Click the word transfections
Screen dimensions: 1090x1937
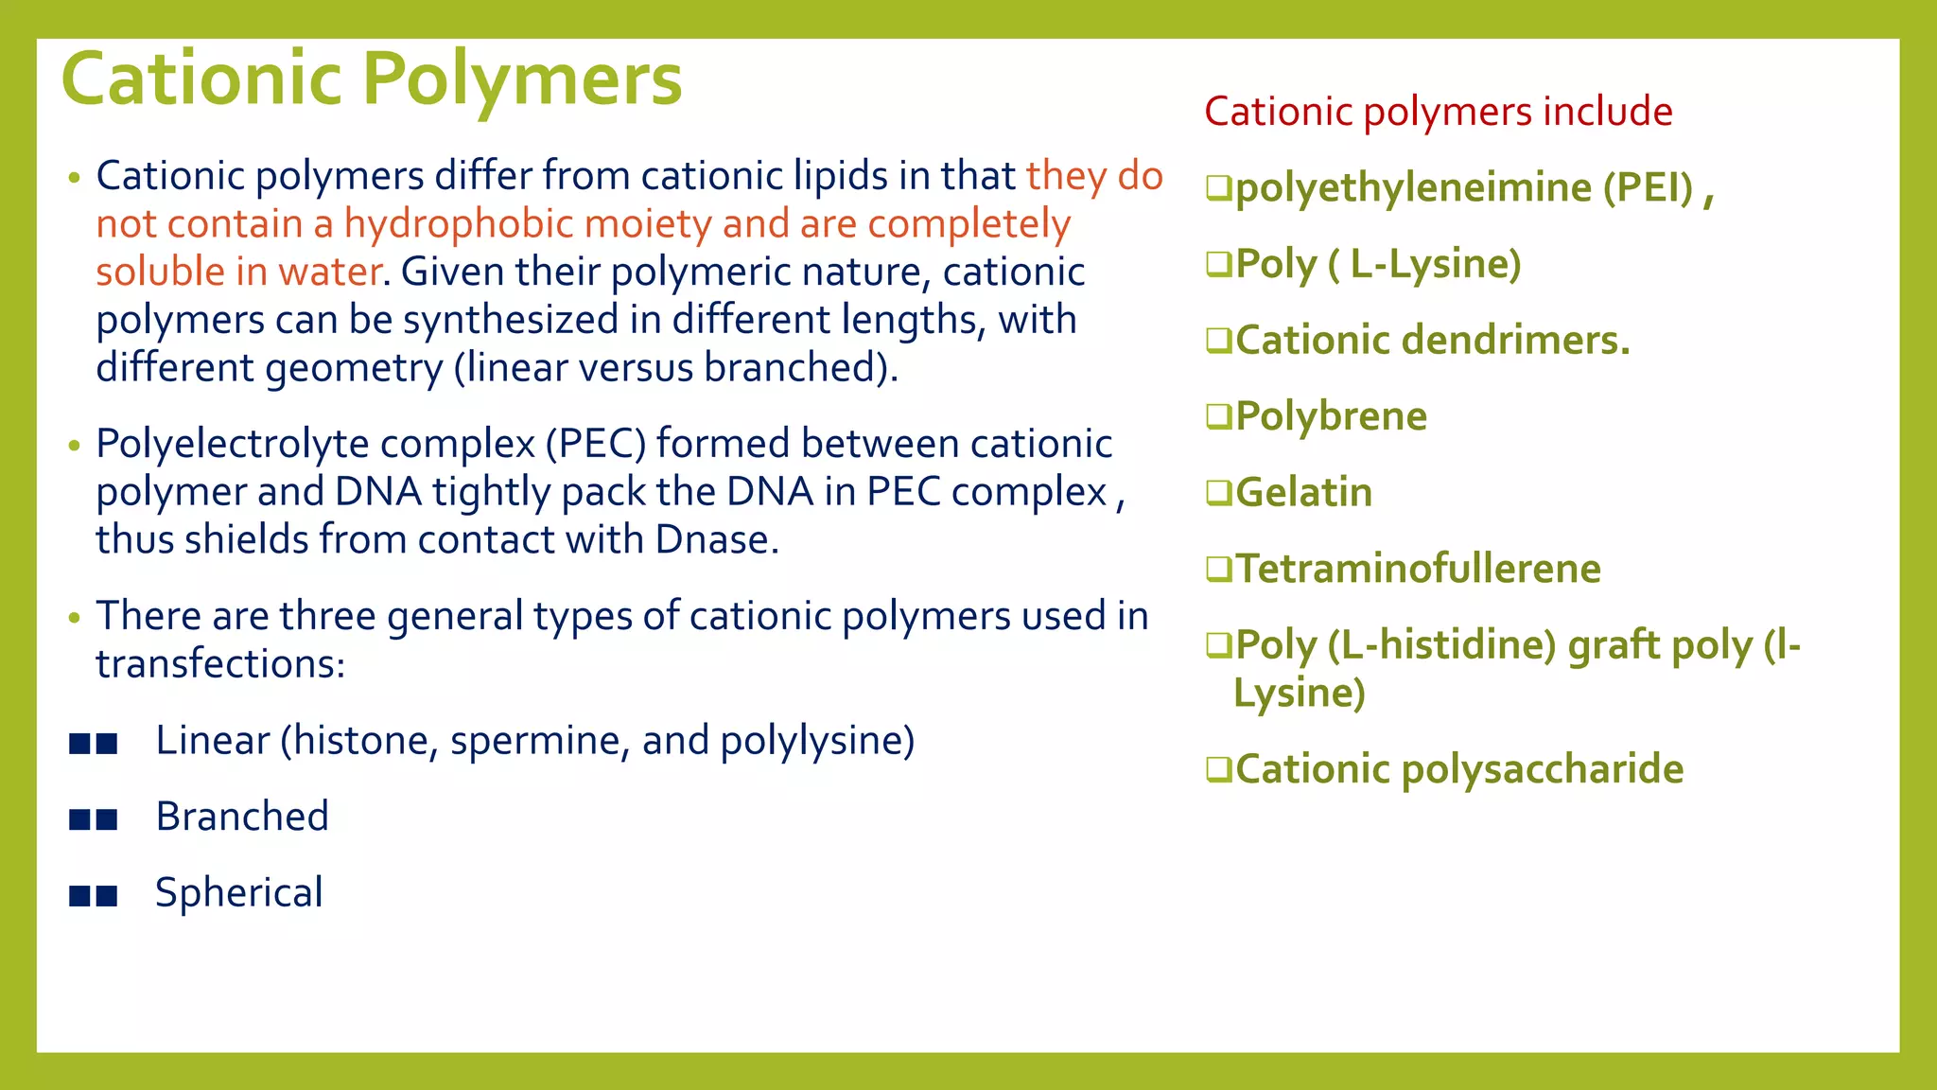pos(220,663)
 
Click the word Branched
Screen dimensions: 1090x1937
pos(242,817)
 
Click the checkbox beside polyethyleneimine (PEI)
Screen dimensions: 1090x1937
pos(1219,188)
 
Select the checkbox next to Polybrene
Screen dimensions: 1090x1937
pos(1219,416)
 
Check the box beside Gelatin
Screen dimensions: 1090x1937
pos(1219,493)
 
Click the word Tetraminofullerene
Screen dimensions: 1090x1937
pos(1418,569)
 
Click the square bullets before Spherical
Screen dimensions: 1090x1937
pos(94,895)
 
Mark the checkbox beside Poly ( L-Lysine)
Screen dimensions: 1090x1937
pos(1219,264)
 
